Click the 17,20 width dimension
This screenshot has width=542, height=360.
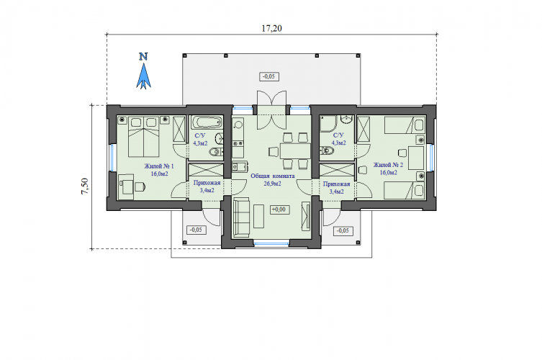point(271,28)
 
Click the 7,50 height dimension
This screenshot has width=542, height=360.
point(85,186)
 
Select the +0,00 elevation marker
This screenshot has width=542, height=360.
point(279,210)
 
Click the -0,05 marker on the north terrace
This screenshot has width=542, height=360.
point(269,76)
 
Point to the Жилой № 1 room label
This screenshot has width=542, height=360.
point(159,166)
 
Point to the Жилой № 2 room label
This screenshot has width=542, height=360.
point(388,165)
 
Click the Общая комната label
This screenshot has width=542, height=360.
point(273,176)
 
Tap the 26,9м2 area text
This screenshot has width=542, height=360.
point(273,184)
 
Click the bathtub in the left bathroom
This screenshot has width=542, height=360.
point(207,122)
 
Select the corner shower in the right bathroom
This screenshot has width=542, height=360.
point(328,124)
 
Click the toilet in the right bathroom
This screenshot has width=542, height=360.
point(326,150)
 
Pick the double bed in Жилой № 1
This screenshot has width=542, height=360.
point(143,137)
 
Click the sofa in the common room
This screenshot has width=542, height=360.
point(241,217)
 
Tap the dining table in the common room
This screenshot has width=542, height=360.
point(295,151)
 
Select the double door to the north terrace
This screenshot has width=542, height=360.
point(271,110)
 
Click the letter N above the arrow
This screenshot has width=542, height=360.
point(143,56)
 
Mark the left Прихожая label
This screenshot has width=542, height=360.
point(207,184)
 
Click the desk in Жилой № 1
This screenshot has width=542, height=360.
point(126,186)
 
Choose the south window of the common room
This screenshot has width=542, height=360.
point(271,243)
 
